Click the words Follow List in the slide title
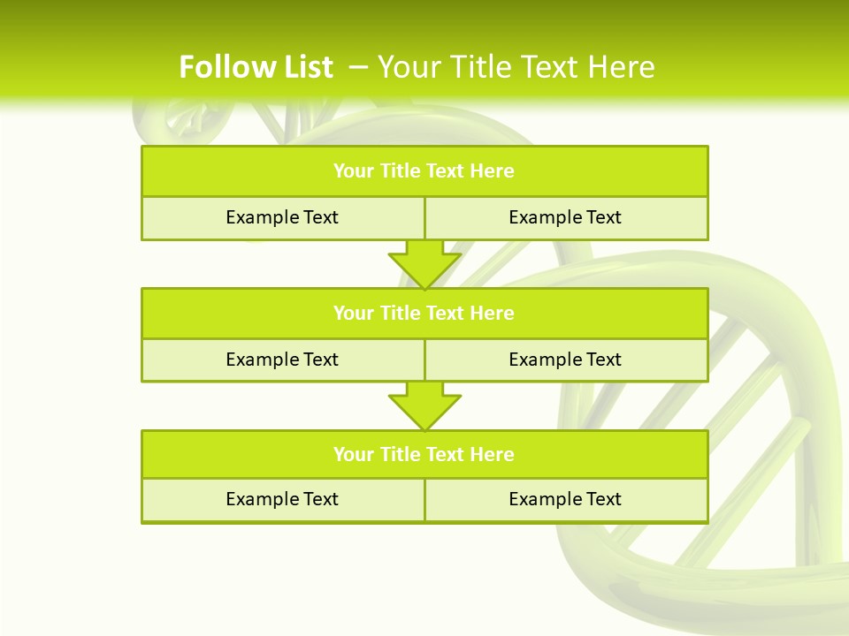pos(256,67)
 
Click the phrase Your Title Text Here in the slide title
pos(516,67)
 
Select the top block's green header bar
pos(424,171)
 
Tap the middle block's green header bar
pos(424,313)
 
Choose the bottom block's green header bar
pos(424,454)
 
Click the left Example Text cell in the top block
pos(282,217)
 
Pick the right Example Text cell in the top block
pos(565,217)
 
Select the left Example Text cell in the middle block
pos(282,360)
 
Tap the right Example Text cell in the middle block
pos(565,360)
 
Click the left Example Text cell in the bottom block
pos(282,499)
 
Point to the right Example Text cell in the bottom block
pos(565,499)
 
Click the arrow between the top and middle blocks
pos(424,264)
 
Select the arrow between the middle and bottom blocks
pos(424,405)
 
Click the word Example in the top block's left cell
pos(262,217)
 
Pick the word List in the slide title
pos(308,67)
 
